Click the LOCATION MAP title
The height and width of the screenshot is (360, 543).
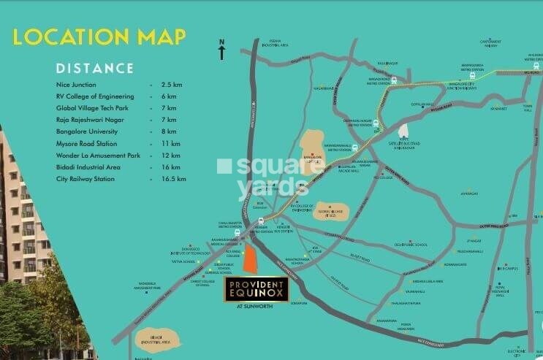[x=99, y=37]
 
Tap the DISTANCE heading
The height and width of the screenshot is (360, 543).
[x=95, y=69]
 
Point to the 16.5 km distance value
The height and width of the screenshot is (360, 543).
[x=173, y=178]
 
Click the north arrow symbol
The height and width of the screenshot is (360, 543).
[x=221, y=51]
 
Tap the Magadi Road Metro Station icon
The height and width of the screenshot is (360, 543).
[x=394, y=81]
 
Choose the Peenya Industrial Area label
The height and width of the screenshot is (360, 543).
[x=276, y=44]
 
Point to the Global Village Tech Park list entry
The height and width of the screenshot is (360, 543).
[x=96, y=108]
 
